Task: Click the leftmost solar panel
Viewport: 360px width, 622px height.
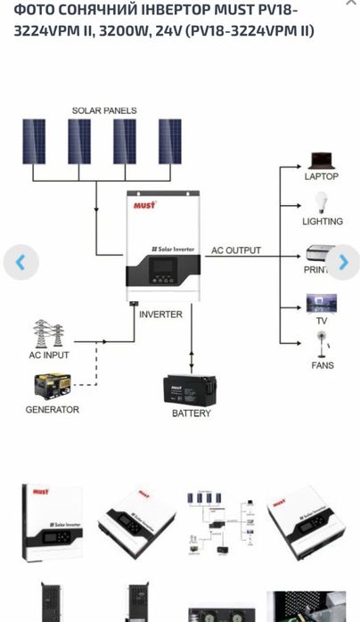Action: pos(34,141)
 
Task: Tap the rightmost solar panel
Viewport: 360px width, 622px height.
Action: pos(169,141)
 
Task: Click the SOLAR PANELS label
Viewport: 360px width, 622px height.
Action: pos(104,110)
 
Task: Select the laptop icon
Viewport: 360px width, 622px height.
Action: pos(321,160)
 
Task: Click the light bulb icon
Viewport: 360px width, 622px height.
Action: pos(321,201)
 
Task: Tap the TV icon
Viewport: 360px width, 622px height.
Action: pos(321,303)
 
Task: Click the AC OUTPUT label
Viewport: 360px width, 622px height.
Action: pos(236,250)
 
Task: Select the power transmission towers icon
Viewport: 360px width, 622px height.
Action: pos(49,334)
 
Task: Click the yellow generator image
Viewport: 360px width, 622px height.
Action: pos(51,388)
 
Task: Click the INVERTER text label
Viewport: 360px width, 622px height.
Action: pos(160,315)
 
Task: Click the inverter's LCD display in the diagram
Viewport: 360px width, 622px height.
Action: pos(161,276)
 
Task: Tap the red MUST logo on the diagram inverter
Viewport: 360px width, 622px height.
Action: pos(144,205)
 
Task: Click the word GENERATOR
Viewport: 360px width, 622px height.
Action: pos(52,410)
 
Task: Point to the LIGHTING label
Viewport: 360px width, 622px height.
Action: pos(322,221)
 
